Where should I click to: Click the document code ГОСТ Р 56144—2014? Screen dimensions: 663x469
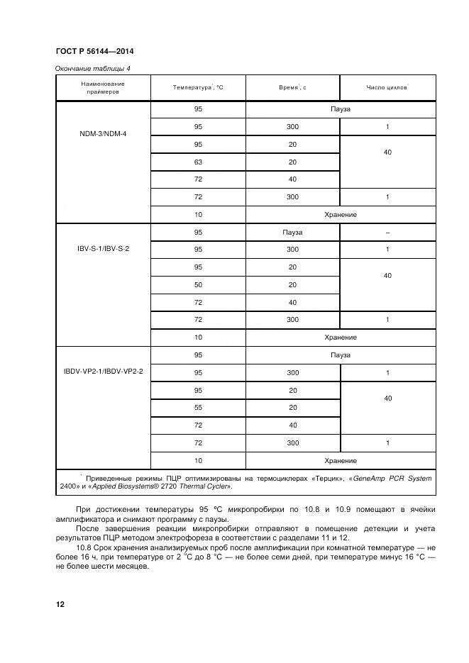click(x=94, y=52)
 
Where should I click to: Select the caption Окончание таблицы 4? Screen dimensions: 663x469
click(x=93, y=68)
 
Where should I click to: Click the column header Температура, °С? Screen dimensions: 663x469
click(x=197, y=87)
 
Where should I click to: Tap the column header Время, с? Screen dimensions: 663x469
click(x=292, y=87)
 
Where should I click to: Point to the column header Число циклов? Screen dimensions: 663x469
click(x=387, y=87)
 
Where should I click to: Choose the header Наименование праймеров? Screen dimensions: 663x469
click(x=104, y=87)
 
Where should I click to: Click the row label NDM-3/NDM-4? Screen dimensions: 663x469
click(x=104, y=133)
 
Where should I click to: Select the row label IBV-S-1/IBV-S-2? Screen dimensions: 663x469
click(x=104, y=250)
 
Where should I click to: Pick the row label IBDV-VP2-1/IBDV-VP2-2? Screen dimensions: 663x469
click(x=104, y=372)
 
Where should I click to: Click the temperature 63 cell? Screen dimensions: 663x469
click(x=198, y=162)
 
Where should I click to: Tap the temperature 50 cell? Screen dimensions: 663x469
click(x=198, y=284)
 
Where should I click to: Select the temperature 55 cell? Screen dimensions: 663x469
click(x=198, y=407)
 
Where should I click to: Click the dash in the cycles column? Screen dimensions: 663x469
click(x=387, y=232)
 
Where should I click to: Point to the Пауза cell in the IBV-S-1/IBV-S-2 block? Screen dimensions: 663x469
click(x=292, y=232)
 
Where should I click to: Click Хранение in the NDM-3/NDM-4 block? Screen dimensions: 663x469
click(x=340, y=214)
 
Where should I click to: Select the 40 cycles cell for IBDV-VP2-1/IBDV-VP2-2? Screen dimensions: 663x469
click(x=387, y=399)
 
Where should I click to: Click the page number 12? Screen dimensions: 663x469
click(x=60, y=604)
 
